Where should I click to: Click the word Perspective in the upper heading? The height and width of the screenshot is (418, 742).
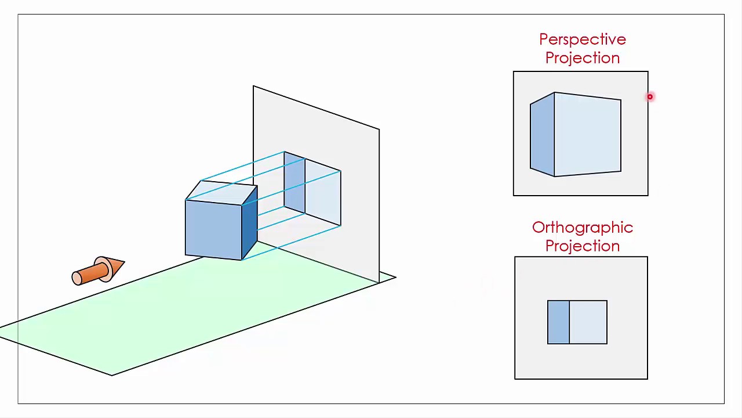582,39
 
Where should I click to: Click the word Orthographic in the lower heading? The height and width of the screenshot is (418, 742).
582,228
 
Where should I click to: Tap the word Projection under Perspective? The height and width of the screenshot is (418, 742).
582,58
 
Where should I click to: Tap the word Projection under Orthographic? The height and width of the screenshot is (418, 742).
582,246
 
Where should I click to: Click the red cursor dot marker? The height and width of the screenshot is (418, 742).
650,97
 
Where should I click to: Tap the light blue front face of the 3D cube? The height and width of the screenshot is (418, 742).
213,229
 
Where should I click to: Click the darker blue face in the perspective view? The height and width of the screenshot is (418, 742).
542,135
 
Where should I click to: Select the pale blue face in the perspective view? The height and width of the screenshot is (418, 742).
587,135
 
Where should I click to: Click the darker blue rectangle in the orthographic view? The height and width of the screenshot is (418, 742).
558,322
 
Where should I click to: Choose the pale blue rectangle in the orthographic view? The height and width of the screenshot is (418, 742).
588,322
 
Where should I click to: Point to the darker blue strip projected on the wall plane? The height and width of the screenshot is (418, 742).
294,183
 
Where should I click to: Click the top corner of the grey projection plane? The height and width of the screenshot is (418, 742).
254,87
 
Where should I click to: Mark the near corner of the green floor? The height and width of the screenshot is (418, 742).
112,374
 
